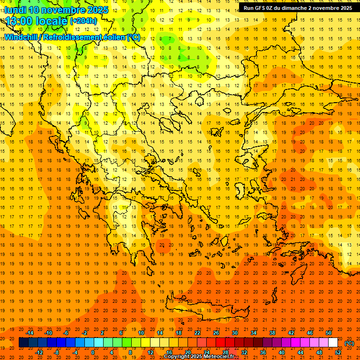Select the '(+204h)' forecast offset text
point(83,21)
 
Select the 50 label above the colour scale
point(329,333)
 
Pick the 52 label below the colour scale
point(338,352)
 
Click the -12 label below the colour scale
point(39,352)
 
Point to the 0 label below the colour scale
point(92,352)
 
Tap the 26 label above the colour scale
point(216,333)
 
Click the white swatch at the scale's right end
point(333,343)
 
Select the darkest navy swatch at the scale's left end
point(23,343)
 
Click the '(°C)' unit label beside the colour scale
point(349,343)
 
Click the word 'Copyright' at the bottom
point(178,357)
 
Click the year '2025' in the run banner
point(345,8)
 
